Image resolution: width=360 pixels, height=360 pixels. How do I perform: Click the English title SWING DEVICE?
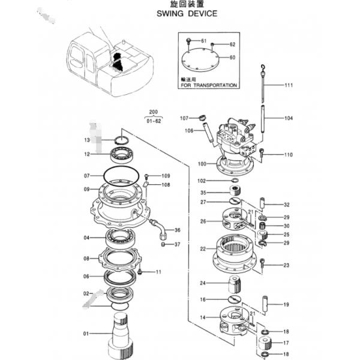click(187, 14)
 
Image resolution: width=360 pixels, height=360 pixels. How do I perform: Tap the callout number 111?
click(289, 85)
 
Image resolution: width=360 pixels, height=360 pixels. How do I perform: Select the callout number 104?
click(289, 118)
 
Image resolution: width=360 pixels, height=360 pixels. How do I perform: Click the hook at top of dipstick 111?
click(263, 67)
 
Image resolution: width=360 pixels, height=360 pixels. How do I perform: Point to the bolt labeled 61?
click(188, 41)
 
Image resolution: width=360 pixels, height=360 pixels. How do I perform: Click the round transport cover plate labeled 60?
click(200, 59)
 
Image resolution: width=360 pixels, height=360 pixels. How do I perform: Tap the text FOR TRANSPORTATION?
click(209, 85)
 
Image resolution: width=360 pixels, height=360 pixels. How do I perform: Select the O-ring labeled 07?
click(121, 176)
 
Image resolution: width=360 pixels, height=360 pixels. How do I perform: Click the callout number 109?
click(166, 176)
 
